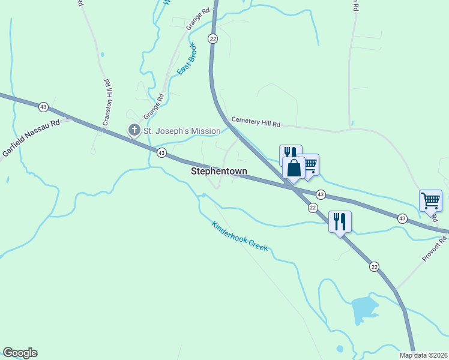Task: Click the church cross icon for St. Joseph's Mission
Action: coord(134,130)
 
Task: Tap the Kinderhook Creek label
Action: coord(240,236)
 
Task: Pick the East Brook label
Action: coord(186,59)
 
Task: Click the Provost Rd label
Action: coord(435,248)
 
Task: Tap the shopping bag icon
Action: coord(294,168)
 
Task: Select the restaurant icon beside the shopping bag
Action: coord(290,154)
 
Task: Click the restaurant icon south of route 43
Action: coord(340,221)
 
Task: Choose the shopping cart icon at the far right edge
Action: coord(431,200)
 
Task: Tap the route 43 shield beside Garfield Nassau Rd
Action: coord(43,107)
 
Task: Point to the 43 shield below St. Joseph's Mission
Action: coord(161,154)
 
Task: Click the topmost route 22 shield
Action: coord(213,38)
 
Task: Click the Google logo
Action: coord(20,353)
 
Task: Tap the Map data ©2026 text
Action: coord(423,355)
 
